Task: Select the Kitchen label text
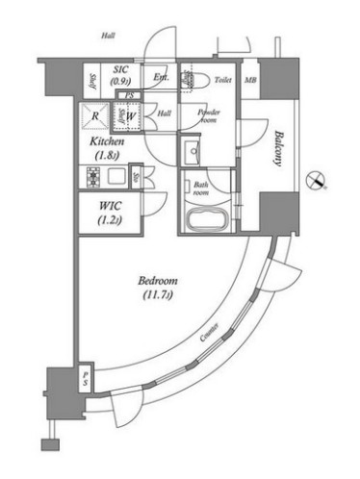click(108, 141)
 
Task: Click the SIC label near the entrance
click(121, 70)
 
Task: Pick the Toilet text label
click(222, 82)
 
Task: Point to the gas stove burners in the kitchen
click(94, 177)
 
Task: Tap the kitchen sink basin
click(118, 177)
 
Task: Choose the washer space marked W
click(128, 117)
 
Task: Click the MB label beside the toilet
click(250, 82)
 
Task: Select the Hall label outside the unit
click(108, 36)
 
